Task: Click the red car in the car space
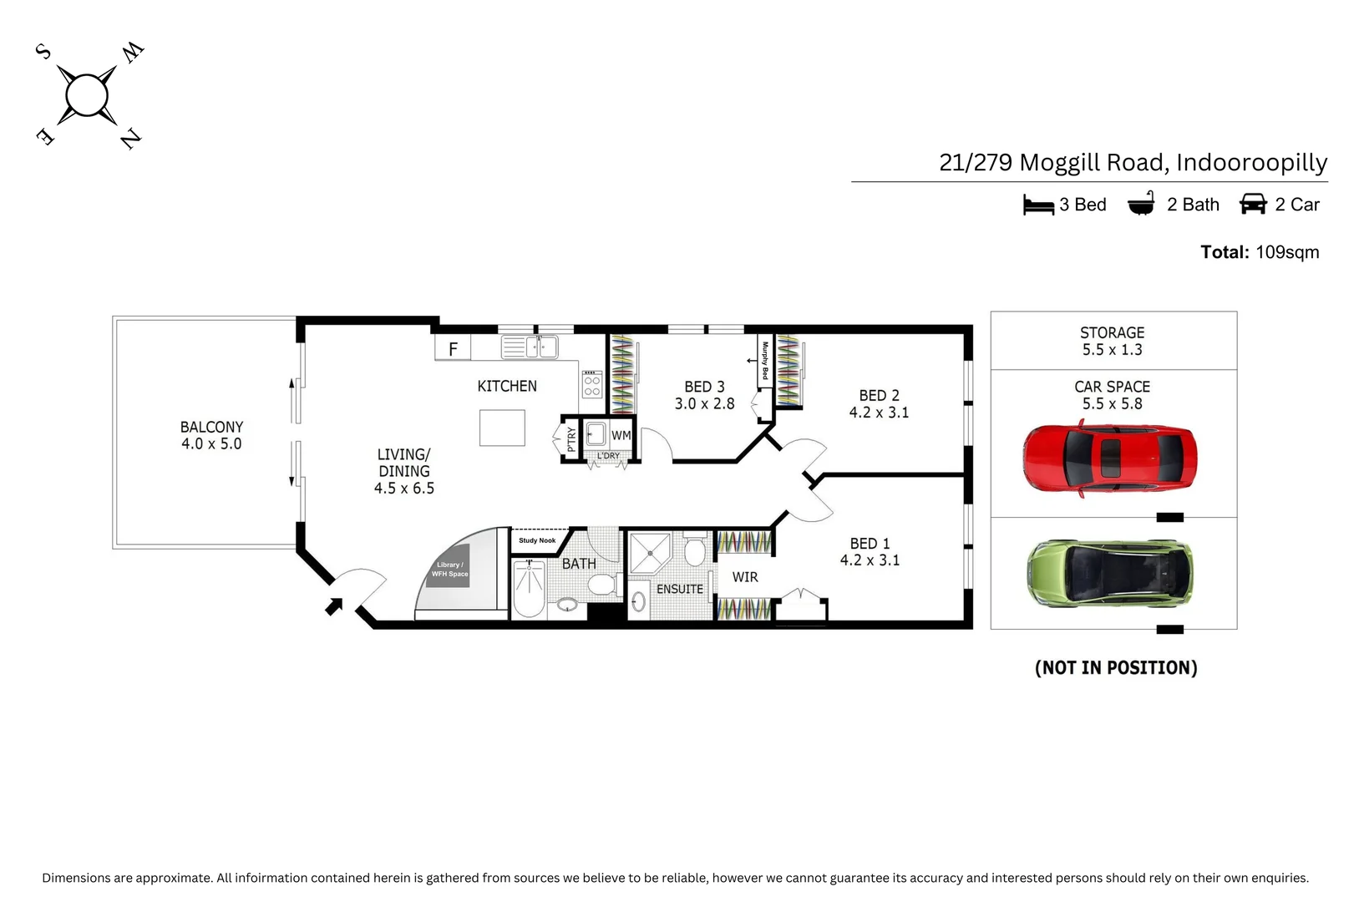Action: point(1110,458)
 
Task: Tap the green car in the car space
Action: point(1110,573)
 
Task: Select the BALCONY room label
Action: point(211,427)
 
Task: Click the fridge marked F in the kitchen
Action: point(453,348)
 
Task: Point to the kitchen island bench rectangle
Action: point(502,428)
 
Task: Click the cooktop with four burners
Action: point(591,384)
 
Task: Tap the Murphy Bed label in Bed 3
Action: point(765,360)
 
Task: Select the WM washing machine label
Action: point(621,435)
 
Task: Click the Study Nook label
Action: point(537,540)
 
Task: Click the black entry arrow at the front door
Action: point(334,606)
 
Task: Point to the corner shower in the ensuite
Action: point(650,553)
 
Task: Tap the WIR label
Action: point(745,577)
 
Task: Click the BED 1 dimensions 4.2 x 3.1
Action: point(870,560)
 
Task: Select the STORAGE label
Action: point(1113,332)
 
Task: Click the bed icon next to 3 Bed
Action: point(1038,205)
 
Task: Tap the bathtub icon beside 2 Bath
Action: point(1141,204)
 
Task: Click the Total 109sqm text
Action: point(1260,252)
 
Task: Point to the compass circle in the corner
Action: point(87,95)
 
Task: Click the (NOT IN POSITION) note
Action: point(1116,668)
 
